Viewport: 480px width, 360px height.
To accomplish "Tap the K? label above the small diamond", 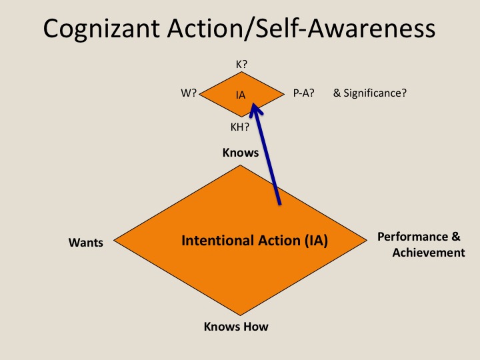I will (241, 65).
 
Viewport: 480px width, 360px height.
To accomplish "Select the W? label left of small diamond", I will (189, 94).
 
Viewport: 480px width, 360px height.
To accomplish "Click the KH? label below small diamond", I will (240, 125).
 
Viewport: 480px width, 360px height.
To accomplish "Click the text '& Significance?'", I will (370, 93).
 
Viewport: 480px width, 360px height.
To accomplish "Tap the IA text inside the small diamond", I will (241, 95).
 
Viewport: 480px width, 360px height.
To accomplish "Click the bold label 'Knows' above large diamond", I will (241, 153).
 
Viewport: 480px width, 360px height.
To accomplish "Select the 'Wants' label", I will (86, 243).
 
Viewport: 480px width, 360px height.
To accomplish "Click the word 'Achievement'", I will (429, 253).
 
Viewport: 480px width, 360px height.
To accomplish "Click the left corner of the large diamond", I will (115, 240).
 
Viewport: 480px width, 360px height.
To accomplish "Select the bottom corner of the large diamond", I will (241, 315).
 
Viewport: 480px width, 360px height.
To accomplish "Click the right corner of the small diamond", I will (285, 94).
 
